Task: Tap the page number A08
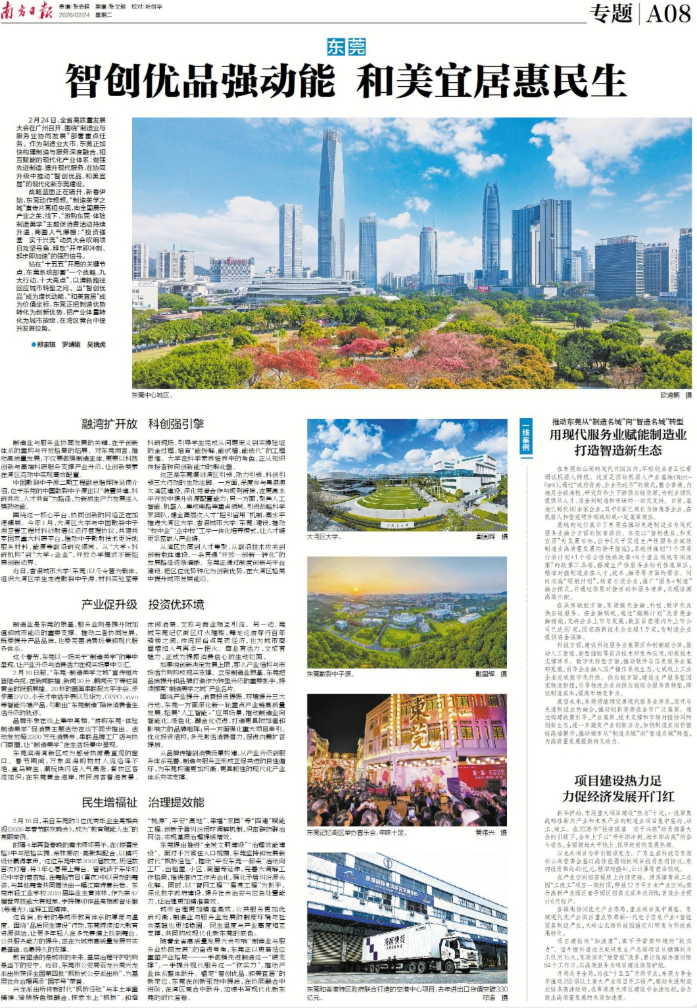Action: tap(667, 13)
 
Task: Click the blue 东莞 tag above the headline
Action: tap(346, 47)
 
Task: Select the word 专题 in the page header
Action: tap(611, 13)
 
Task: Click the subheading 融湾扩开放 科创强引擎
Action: tap(143, 424)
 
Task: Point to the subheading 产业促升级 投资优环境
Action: tap(143, 604)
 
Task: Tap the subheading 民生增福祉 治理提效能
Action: tap(143, 802)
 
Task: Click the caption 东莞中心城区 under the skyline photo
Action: tap(152, 395)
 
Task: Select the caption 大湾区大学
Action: tap(324, 537)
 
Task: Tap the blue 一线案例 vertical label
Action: tap(525, 436)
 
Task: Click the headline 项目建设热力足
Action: tap(617, 781)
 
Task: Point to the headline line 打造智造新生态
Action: tap(617, 450)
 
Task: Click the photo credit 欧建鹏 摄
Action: tap(675, 395)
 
